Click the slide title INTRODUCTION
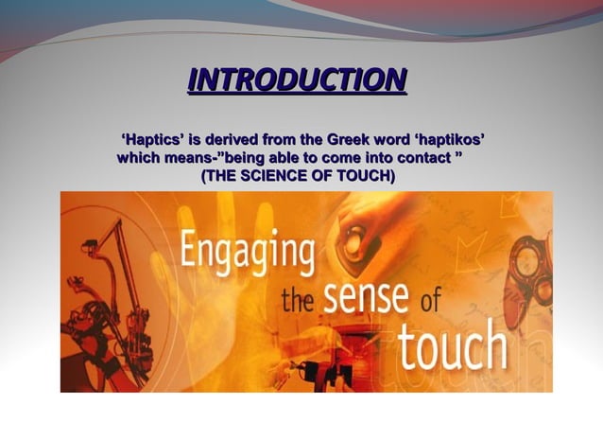(297, 79)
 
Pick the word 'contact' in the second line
(422, 157)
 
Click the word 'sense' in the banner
(367, 301)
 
